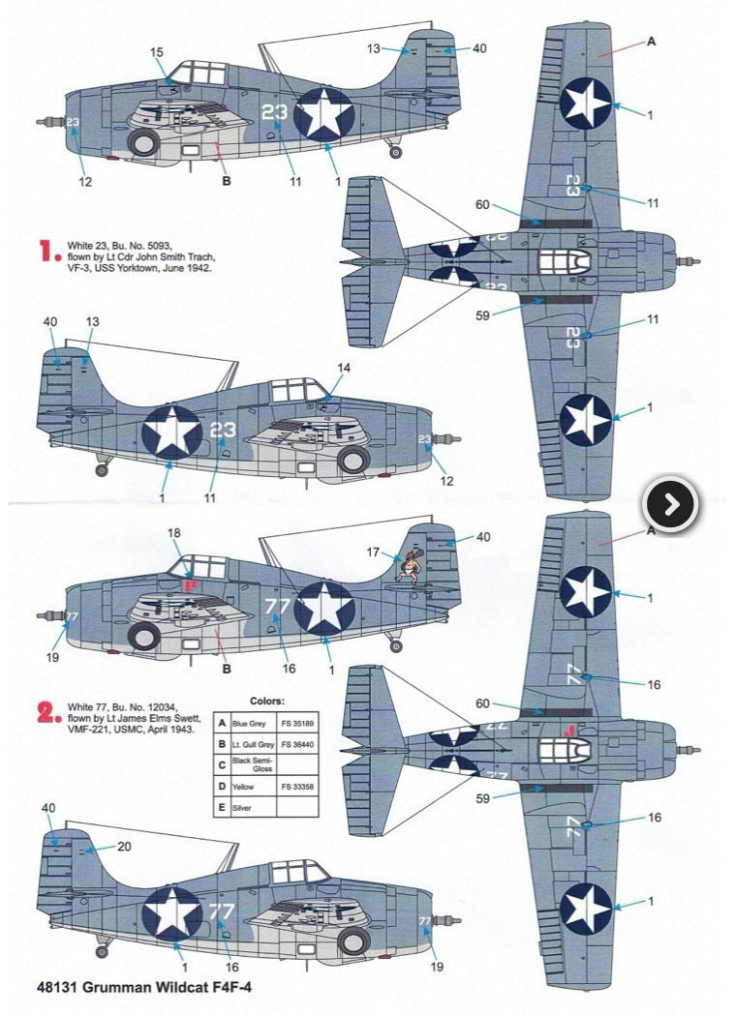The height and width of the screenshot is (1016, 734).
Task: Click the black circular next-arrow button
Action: [671, 504]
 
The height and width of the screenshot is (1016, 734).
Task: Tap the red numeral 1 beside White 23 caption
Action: [47, 253]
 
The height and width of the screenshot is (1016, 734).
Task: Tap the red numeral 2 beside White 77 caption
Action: [47, 714]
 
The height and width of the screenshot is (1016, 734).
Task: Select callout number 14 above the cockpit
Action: [345, 369]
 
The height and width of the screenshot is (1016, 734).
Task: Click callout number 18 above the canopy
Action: [174, 533]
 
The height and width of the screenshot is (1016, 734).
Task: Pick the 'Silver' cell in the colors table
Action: [248, 807]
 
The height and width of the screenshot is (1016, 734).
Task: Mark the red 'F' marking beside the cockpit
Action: [188, 585]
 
